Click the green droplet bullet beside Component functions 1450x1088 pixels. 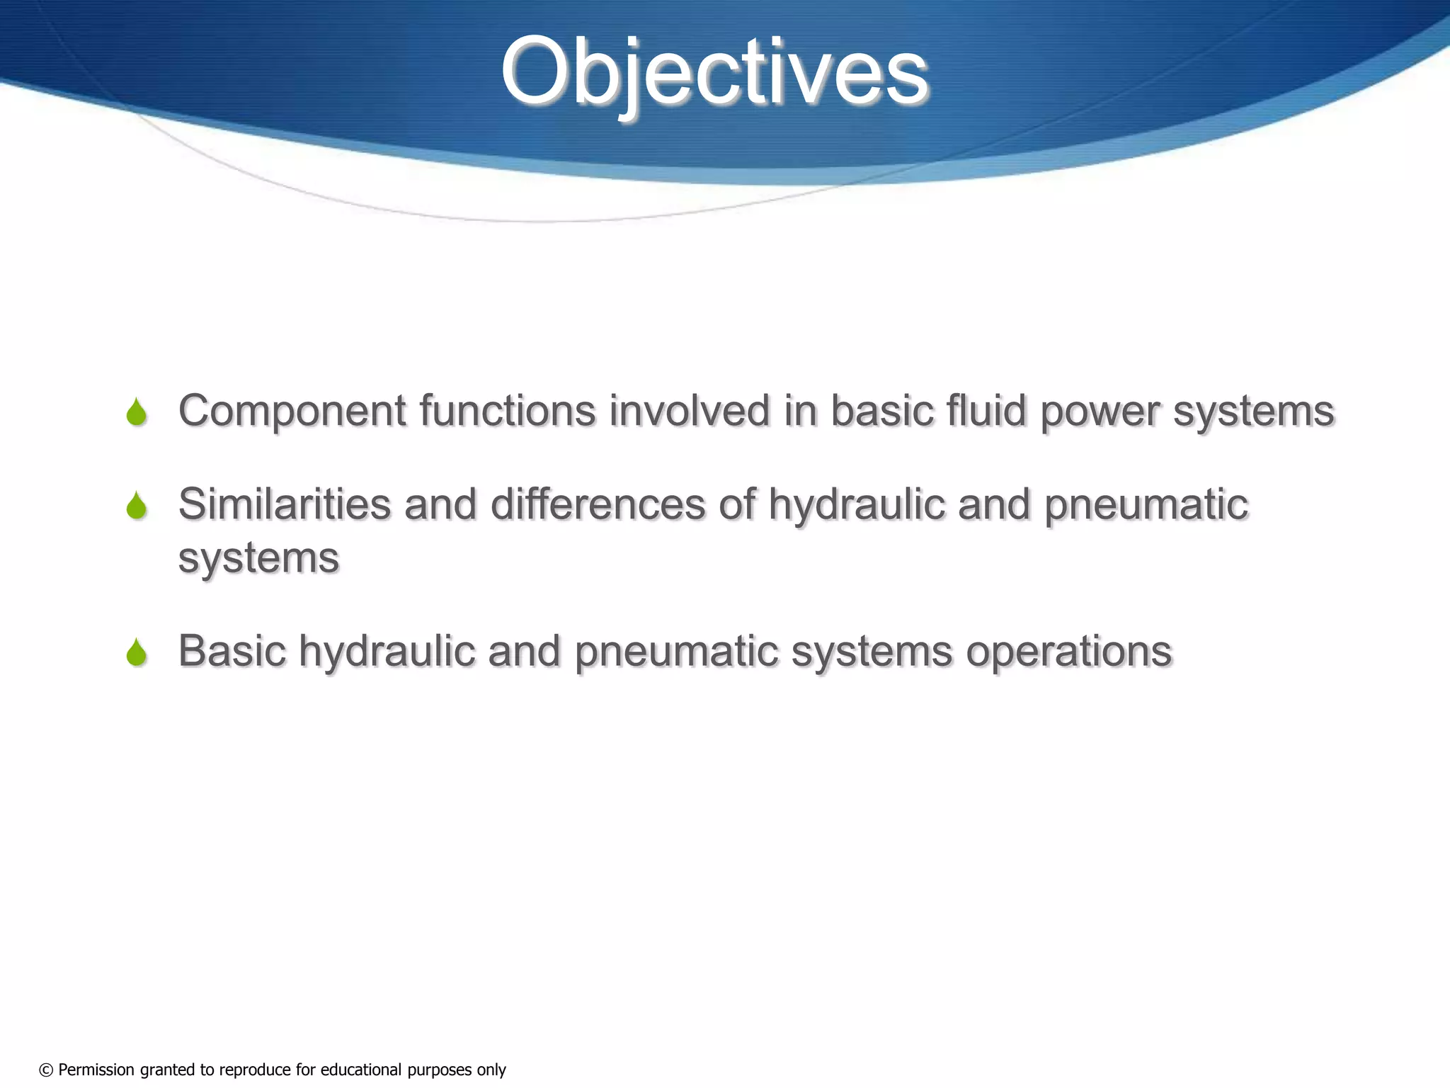click(137, 412)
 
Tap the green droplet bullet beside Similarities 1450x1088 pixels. click(137, 506)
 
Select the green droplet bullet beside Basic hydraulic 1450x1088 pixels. click(137, 652)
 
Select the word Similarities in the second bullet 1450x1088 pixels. click(284, 504)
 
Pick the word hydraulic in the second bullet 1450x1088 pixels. click(857, 506)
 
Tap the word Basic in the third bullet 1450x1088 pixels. click(232, 651)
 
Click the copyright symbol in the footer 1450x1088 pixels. click(46, 1070)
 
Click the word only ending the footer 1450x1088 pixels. click(491, 1070)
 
